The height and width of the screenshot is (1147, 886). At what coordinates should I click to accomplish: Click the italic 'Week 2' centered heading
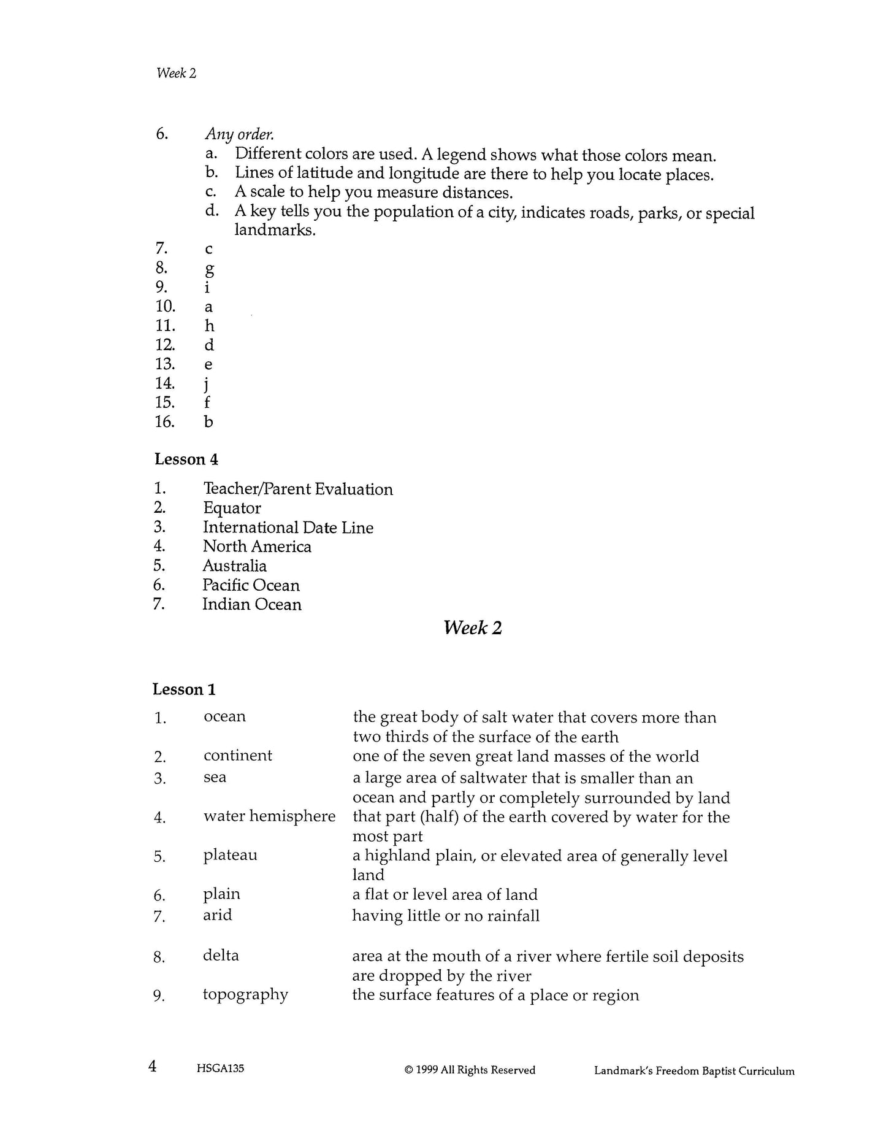tap(472, 627)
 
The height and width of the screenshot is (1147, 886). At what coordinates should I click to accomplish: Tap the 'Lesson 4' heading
tap(186, 459)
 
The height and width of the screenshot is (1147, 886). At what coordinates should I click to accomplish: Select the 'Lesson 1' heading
tap(184, 689)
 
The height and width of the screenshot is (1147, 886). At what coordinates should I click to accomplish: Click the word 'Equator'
tap(232, 508)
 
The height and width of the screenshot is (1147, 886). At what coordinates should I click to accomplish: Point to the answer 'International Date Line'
tap(288, 527)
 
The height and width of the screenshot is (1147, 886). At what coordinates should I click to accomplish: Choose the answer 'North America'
tap(257, 547)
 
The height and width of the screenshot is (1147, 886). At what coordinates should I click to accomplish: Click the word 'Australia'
tap(234, 566)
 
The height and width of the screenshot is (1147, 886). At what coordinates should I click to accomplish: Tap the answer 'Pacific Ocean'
tap(251, 585)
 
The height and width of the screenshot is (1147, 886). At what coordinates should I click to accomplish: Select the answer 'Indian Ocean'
tap(251, 605)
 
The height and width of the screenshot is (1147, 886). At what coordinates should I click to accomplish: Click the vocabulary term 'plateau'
tap(230, 855)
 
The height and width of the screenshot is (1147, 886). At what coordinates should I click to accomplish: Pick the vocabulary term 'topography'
tap(245, 994)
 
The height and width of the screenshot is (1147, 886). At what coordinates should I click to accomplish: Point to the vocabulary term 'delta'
tap(221, 955)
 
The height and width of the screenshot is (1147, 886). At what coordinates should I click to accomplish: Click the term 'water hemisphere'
tap(269, 816)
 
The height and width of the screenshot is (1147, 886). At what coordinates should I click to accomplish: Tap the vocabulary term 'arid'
tap(217, 915)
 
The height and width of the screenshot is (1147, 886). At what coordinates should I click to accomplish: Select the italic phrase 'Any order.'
tap(239, 134)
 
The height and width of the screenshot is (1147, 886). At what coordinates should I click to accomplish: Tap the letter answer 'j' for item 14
tap(208, 384)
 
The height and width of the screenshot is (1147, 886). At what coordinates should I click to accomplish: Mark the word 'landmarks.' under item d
tap(275, 231)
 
